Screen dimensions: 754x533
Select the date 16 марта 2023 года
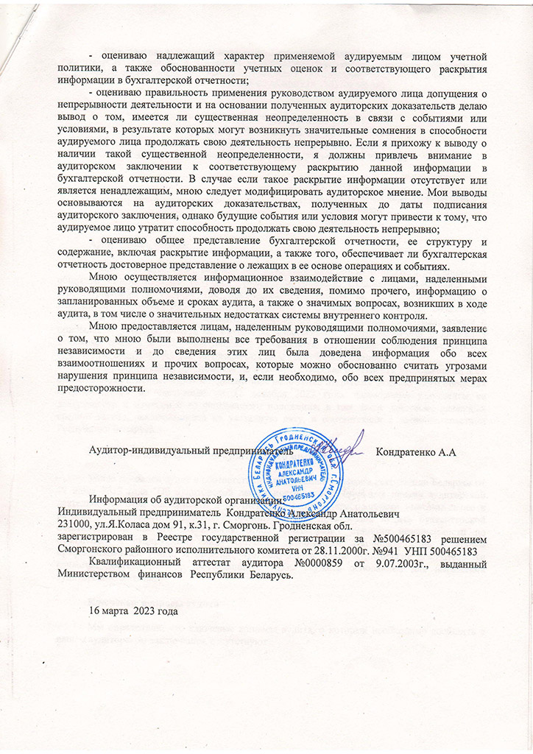(x=133, y=611)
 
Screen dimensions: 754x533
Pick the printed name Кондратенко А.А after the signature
(x=417, y=451)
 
